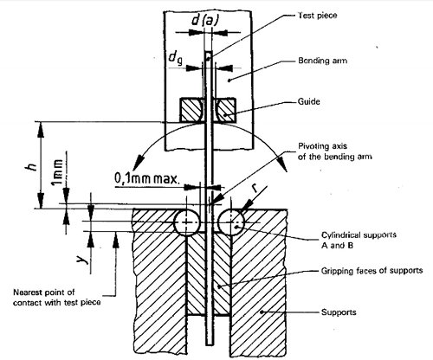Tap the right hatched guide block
coord(229,112)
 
